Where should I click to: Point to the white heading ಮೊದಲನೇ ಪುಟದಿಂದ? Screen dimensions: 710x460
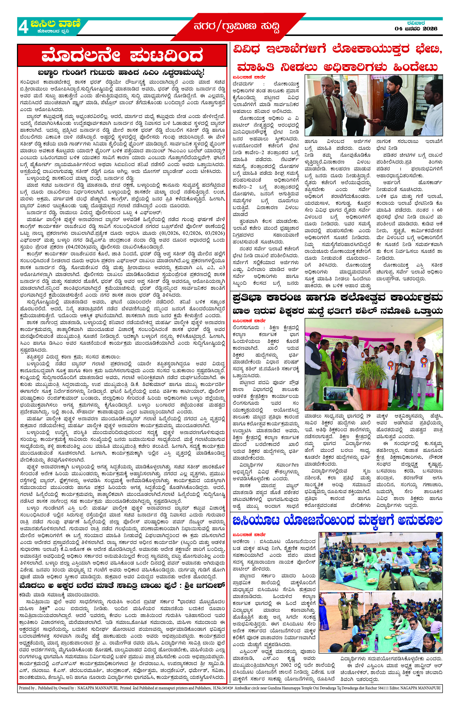(122, 56)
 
